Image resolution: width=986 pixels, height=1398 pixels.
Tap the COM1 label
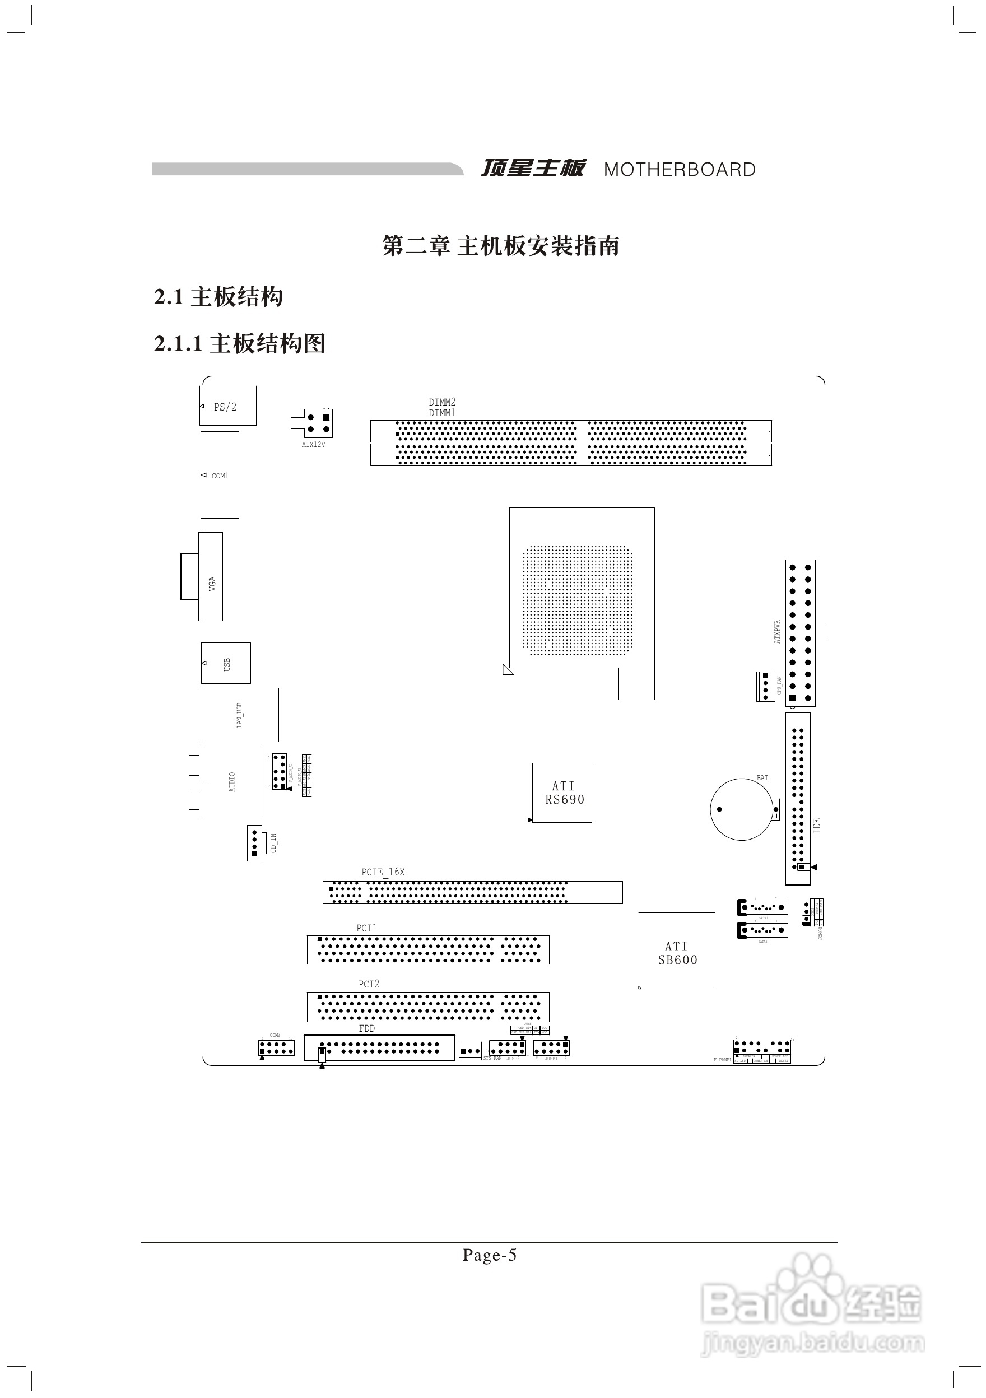click(220, 476)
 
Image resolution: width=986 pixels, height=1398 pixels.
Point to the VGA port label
click(212, 583)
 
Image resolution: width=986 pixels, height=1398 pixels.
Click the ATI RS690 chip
click(562, 793)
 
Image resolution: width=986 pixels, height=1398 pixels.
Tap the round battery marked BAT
click(741, 809)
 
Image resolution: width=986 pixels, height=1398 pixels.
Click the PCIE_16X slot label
click(383, 872)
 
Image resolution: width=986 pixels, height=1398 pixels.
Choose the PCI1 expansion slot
click(427, 949)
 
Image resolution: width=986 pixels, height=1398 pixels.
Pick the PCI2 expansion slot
click(427, 1006)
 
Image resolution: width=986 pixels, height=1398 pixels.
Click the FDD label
click(366, 1028)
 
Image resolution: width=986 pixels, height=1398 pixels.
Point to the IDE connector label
click(817, 826)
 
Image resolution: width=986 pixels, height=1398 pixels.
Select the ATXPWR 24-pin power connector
click(800, 633)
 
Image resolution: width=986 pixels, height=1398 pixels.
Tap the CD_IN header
click(254, 844)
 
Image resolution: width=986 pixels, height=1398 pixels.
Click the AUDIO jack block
click(230, 782)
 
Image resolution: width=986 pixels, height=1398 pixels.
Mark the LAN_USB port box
click(239, 715)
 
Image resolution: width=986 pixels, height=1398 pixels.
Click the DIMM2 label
click(441, 402)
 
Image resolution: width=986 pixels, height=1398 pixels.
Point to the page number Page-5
click(489, 1255)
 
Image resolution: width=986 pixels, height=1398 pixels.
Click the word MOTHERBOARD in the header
click(679, 169)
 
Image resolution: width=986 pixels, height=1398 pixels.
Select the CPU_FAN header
click(765, 686)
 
